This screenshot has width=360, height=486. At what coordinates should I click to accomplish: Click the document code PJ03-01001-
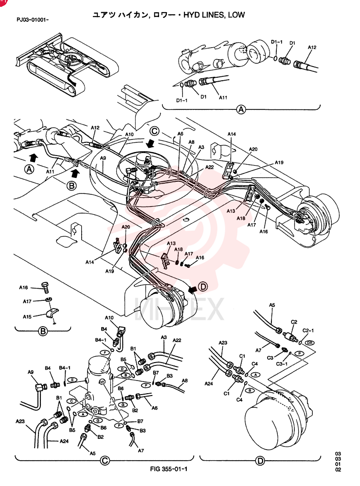tap(33, 20)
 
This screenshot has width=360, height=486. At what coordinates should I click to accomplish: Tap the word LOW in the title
tap(236, 15)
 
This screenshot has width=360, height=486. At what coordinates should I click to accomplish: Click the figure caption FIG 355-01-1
tap(168, 469)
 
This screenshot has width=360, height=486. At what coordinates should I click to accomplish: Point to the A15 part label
tap(27, 317)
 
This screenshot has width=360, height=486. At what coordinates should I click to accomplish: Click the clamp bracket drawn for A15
tap(52, 313)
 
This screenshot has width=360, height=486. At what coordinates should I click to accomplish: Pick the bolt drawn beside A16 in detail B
tap(45, 287)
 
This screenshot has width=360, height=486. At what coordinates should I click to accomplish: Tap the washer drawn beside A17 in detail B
tap(48, 299)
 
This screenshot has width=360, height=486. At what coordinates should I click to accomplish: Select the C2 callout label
tap(294, 322)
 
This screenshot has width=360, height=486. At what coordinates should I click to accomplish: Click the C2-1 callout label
tap(308, 330)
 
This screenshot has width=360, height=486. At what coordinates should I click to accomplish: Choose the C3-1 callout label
tap(282, 364)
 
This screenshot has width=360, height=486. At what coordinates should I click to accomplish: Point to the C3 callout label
tap(270, 358)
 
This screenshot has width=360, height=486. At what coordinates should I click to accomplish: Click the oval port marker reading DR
tap(309, 343)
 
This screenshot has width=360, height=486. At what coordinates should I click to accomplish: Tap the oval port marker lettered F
tap(105, 352)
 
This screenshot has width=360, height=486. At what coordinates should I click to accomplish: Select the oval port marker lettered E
tap(72, 380)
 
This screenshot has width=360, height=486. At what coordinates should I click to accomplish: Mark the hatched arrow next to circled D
tap(193, 289)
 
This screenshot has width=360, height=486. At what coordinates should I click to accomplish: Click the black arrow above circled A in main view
tap(34, 157)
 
